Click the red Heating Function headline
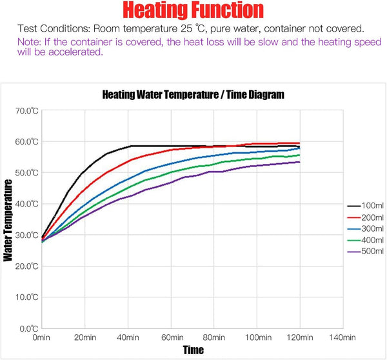(193, 10)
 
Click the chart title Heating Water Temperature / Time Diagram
(193, 95)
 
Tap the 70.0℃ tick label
(27, 111)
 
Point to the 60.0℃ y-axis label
(27, 142)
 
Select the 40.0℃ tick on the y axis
(27, 204)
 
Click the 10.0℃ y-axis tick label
(27, 297)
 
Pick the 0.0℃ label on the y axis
(29, 328)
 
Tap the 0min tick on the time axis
(41, 337)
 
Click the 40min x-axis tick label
(128, 337)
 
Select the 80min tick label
(213, 337)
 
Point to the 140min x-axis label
(342, 337)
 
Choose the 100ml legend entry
(366, 205)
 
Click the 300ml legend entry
(366, 228)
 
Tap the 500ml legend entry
(366, 252)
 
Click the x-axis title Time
(193, 350)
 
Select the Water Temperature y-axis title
(8, 220)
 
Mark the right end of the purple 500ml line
(300, 162)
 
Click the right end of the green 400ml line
(300, 155)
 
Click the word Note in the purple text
(28, 42)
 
